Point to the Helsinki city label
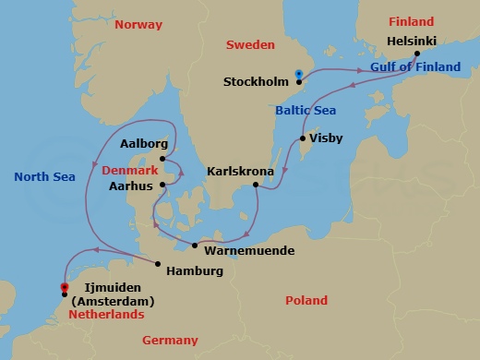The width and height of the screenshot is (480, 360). coord(413,42)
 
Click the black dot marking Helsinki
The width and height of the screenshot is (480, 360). coord(417,54)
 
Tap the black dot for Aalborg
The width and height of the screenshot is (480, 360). coord(162,159)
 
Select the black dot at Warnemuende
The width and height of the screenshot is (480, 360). coord(195,245)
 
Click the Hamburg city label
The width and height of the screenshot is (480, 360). coord(195,271)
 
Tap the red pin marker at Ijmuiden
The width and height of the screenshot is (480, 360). coord(64,288)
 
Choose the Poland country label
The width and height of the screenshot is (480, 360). coord(306,301)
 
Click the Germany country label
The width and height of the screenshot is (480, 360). coord(170,341)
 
